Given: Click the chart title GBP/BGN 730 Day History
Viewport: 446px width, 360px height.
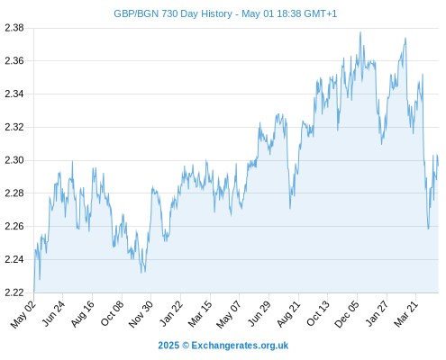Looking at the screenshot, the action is coord(173,13).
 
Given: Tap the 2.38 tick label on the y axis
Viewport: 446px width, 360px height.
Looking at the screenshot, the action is coord(14,28).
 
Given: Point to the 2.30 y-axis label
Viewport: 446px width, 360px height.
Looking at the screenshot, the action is coord(14,160).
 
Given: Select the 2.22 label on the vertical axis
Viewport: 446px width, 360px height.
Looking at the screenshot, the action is coord(14,292).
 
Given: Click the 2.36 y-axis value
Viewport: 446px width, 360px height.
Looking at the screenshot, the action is coord(14,61).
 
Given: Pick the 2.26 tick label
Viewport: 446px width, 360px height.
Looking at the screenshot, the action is coord(14,226).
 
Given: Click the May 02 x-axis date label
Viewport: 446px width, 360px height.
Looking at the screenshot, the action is coord(23,314).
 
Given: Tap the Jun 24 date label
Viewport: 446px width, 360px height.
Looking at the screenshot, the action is coord(53,313).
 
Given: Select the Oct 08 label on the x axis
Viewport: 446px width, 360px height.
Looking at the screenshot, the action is coord(112,313).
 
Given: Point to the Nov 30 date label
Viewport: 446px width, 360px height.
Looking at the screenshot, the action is coord(141,314).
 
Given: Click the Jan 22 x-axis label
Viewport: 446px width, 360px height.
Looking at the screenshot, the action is coord(171,313).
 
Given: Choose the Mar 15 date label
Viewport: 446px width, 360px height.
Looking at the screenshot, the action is coord(200,314).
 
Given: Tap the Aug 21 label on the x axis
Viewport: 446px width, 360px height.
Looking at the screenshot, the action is coord(288,314).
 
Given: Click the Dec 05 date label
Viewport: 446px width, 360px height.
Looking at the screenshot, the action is coord(347,314).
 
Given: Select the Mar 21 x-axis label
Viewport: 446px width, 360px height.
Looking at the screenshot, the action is coord(406,314).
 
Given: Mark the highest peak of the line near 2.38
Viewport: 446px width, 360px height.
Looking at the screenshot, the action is coord(360,32).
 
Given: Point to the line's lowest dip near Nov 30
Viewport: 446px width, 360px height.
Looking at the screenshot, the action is coord(141,273).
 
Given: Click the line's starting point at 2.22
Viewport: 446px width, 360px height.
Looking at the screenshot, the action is coord(34,292).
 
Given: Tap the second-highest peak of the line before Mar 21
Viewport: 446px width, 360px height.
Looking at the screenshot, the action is coord(405,38).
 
